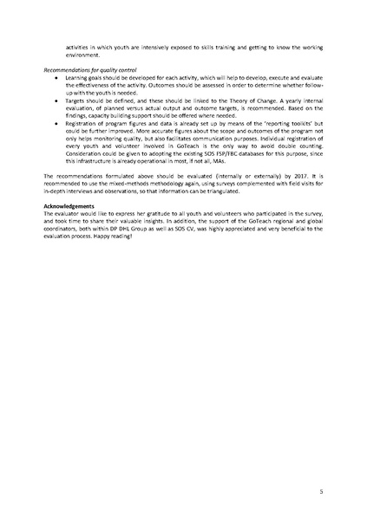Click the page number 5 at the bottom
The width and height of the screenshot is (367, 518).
321,491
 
